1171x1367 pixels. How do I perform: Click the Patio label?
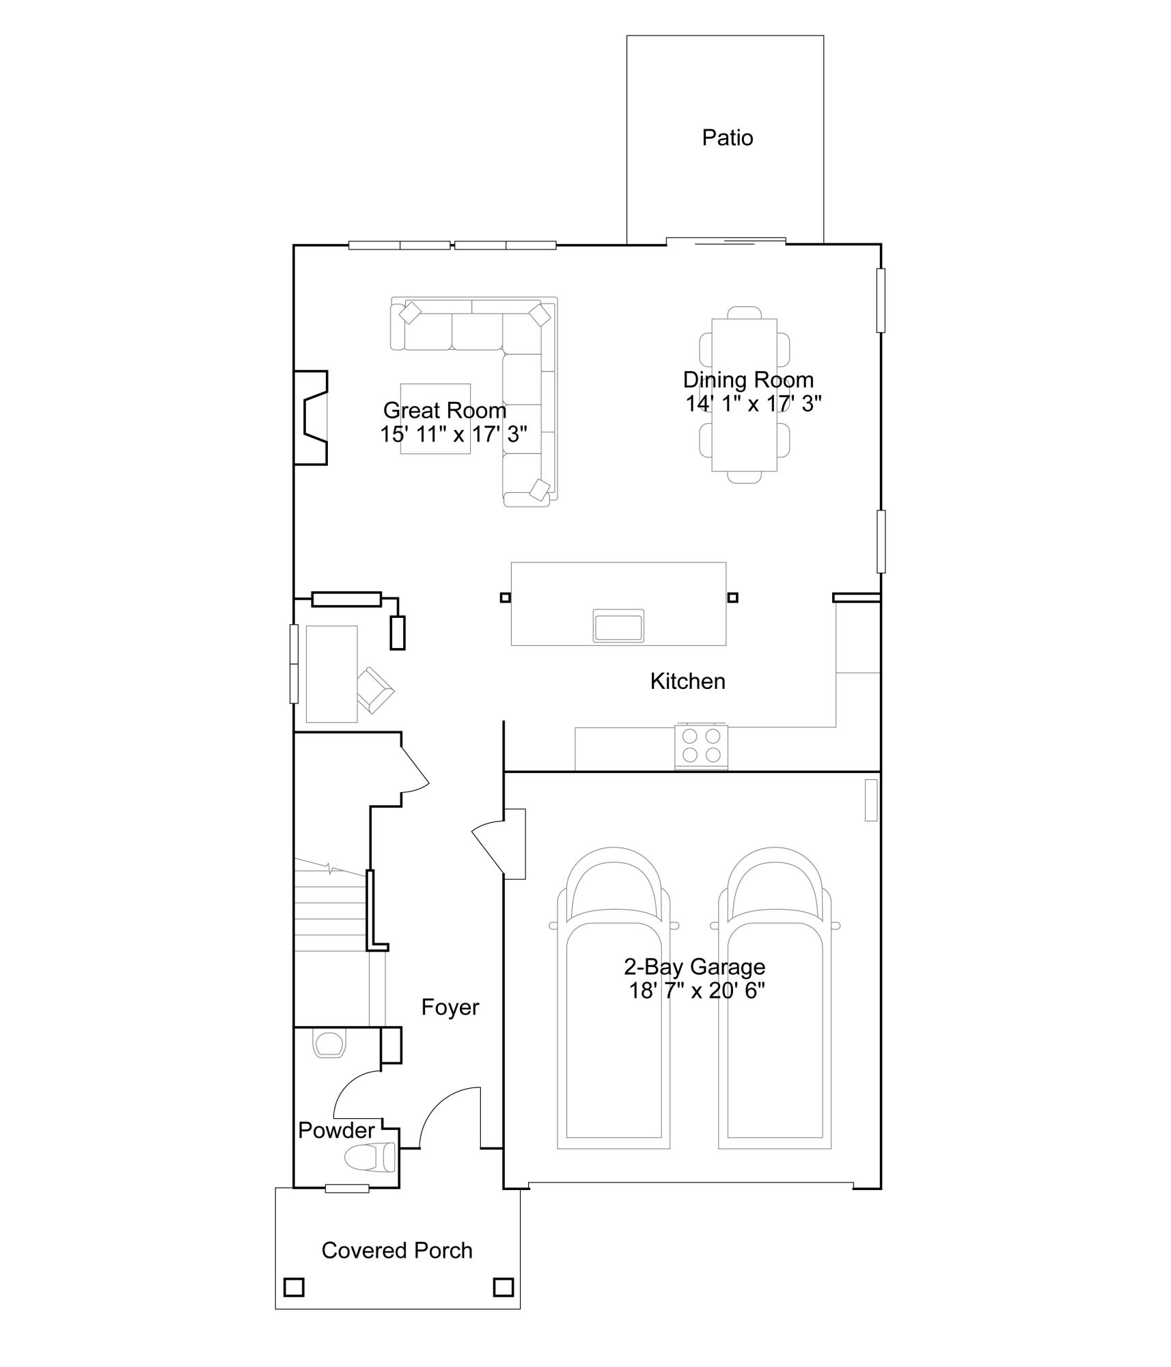coord(727,138)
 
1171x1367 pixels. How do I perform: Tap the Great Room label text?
coord(444,410)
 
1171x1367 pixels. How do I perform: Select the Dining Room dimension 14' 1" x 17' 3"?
coord(753,404)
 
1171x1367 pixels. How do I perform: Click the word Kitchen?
coord(687,681)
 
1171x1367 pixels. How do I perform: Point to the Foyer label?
coord(450,1007)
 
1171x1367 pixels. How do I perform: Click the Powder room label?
coord(336,1131)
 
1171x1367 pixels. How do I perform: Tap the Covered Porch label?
coord(397,1251)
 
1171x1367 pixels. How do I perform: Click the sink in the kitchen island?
coord(618,626)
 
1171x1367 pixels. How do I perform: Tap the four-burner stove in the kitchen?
coord(701,746)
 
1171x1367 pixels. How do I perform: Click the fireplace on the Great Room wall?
coord(312,418)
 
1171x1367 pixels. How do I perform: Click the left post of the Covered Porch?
coord(294,1288)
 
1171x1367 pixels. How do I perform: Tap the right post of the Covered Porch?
coord(504,1288)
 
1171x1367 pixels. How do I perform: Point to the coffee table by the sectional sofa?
coord(435,418)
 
